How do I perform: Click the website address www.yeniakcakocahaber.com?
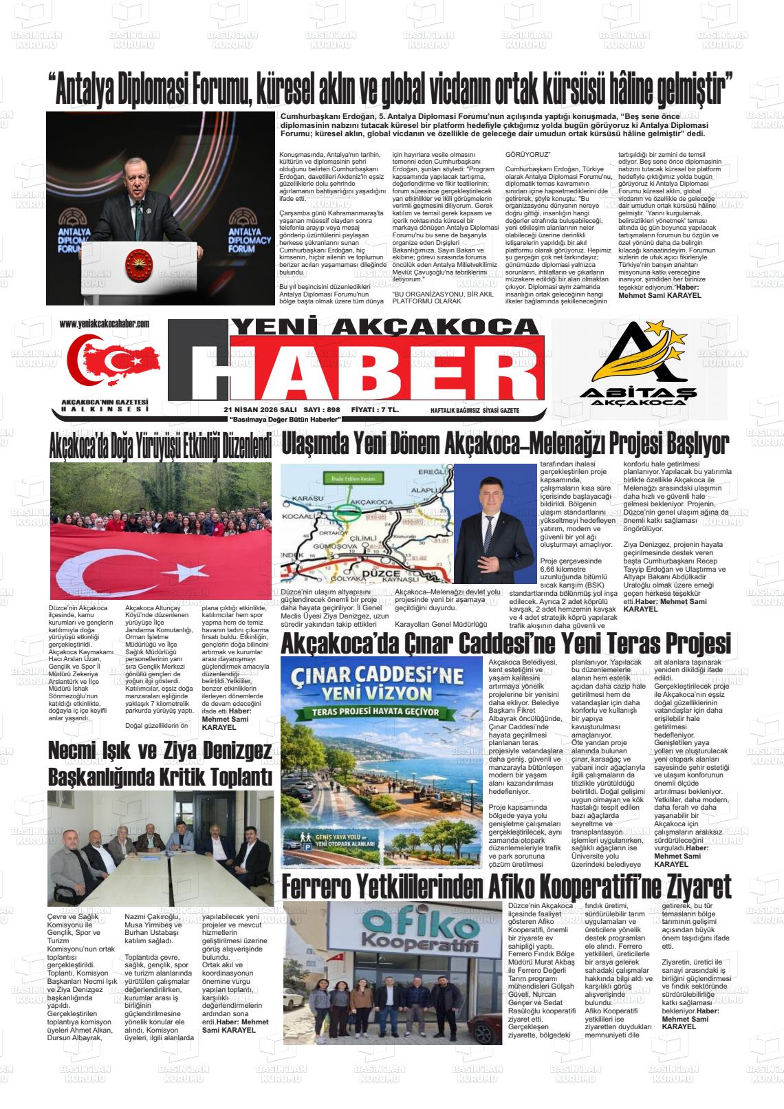105,323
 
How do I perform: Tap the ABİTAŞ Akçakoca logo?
640,368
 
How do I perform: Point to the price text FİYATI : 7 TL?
375,410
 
